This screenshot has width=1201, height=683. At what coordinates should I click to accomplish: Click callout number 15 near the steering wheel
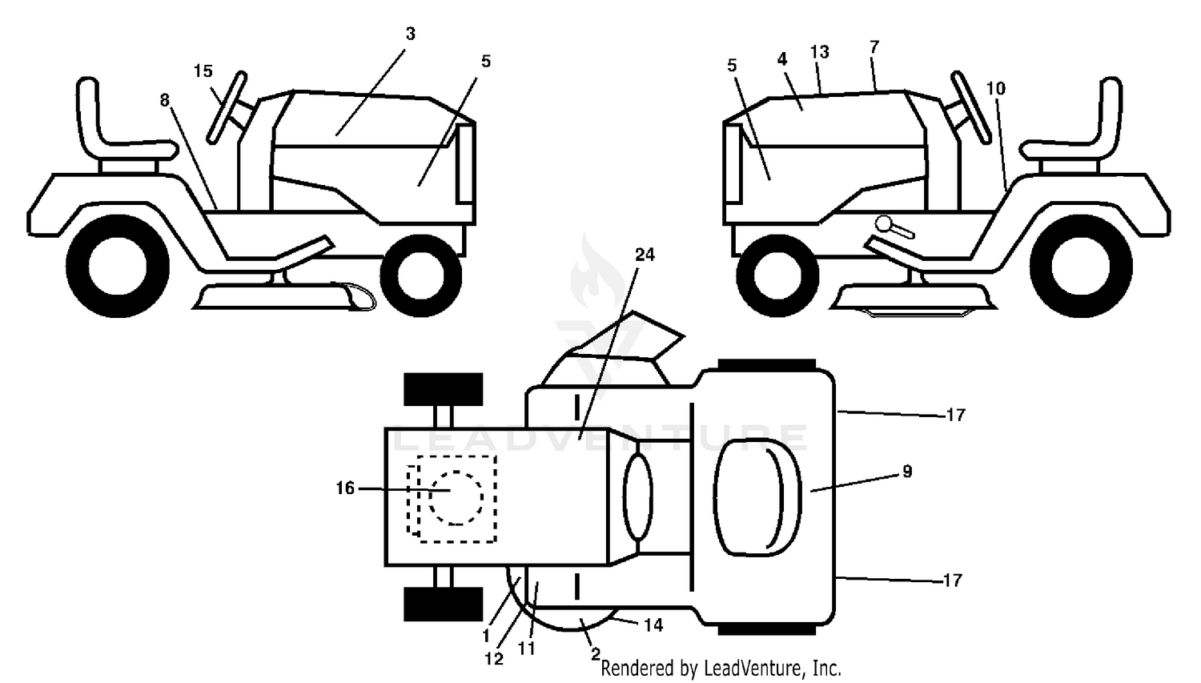tap(203, 70)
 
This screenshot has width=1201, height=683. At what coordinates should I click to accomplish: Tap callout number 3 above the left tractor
tap(410, 34)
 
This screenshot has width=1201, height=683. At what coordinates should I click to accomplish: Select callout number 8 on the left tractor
tap(165, 100)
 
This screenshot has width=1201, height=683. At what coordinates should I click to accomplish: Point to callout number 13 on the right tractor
tap(819, 52)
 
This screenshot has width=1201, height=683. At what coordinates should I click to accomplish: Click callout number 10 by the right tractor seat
tap(996, 88)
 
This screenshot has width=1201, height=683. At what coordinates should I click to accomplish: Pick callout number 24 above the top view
tap(645, 255)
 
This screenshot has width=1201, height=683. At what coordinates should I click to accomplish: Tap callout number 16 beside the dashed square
tap(345, 488)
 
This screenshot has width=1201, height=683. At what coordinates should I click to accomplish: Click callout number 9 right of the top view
tap(907, 472)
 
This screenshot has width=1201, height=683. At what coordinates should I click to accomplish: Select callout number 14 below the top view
tap(653, 625)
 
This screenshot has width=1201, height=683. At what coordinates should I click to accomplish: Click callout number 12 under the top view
tap(494, 659)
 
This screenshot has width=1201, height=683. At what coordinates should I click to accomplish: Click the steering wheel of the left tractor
tap(227, 108)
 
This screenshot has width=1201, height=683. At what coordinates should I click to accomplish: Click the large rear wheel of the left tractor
tap(118, 266)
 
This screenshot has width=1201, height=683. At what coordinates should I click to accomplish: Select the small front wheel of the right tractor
tap(777, 275)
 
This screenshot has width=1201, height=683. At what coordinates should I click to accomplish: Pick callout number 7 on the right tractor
tap(874, 47)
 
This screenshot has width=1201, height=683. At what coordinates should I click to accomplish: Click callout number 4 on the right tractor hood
tap(782, 59)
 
